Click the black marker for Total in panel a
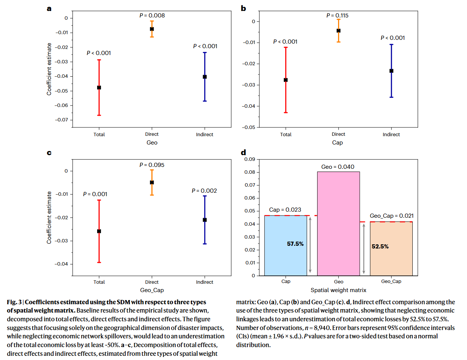(99, 88)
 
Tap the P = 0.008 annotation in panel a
(152, 16)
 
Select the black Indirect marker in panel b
(392, 71)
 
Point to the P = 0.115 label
(337, 16)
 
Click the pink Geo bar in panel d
(338, 223)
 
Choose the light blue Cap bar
(286, 245)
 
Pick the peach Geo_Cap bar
(391, 249)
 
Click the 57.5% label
(295, 244)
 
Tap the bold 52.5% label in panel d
(380, 246)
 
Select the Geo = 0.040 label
(338, 167)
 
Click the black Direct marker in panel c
(152, 182)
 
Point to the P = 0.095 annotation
(152, 165)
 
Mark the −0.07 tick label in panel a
(61, 120)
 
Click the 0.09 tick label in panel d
(250, 159)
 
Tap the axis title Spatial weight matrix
(338, 290)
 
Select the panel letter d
(243, 152)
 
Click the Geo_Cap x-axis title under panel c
(152, 290)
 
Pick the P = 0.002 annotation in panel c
(204, 191)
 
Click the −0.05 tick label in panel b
(248, 127)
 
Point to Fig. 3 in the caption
(14, 302)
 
